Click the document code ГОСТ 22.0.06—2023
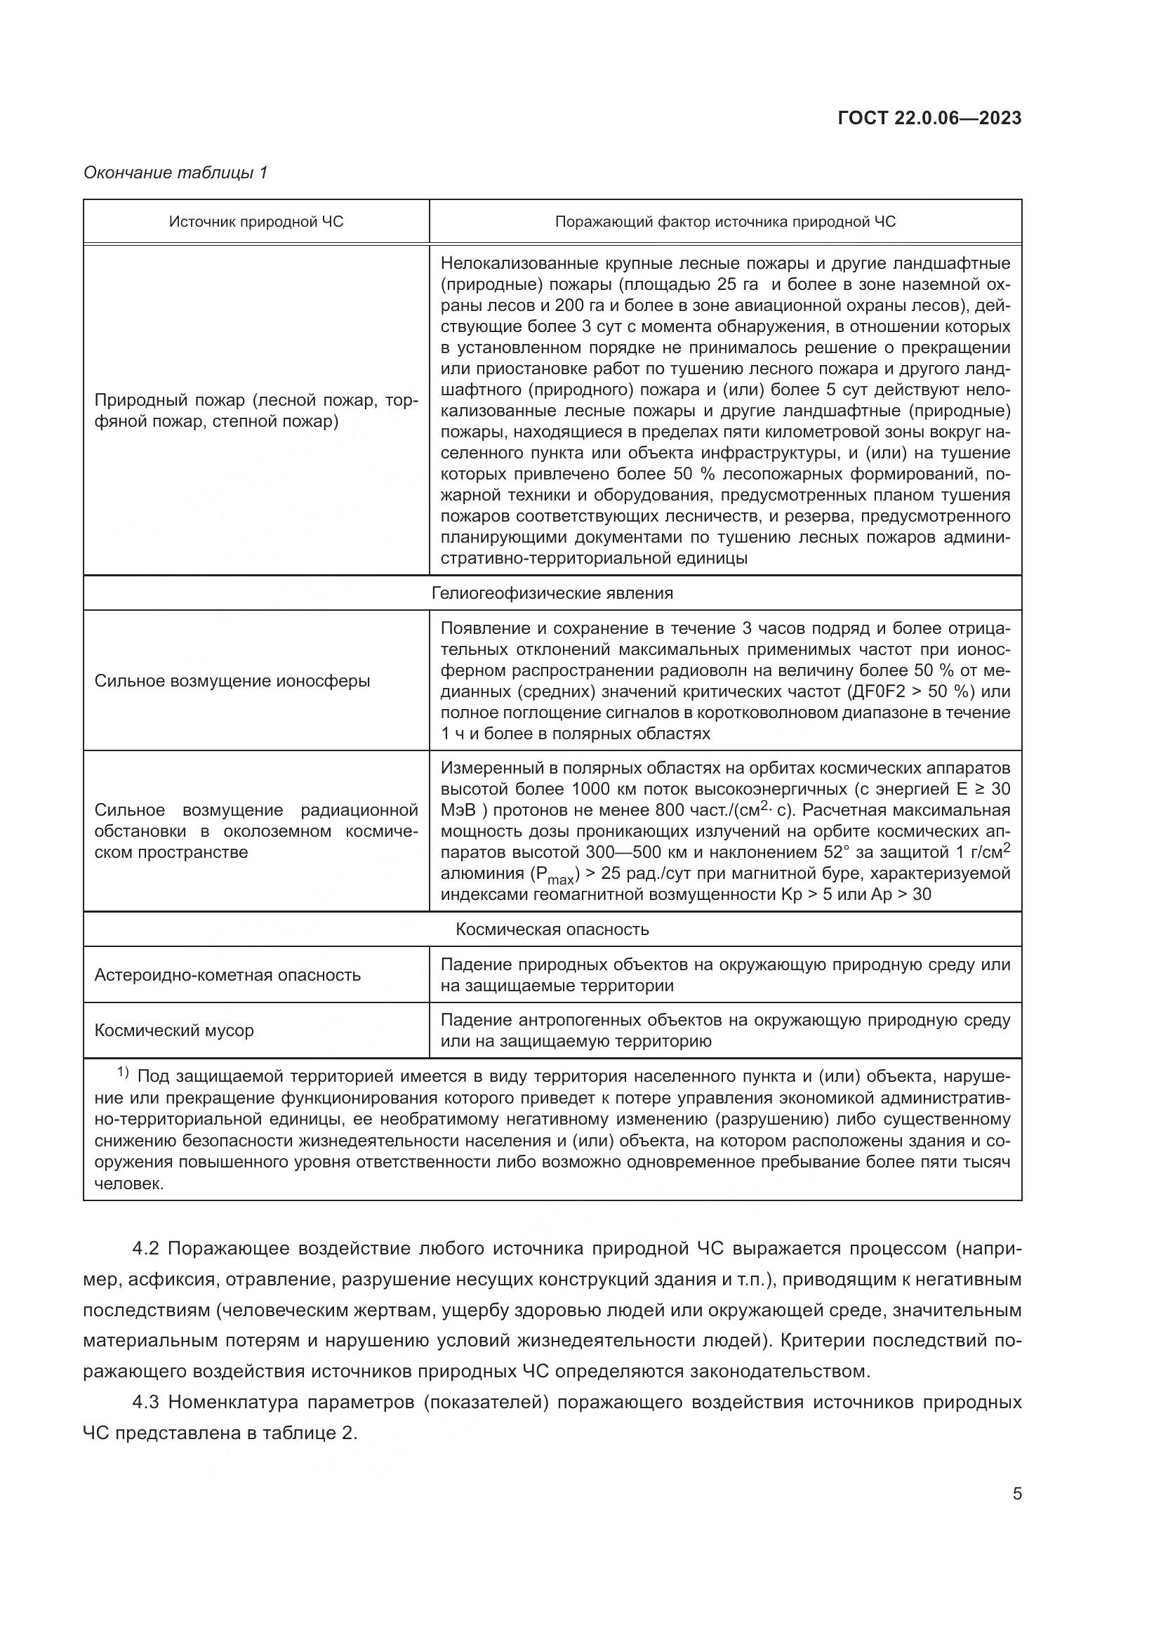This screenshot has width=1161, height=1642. [x=929, y=118]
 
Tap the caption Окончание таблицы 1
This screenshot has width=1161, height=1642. [x=175, y=173]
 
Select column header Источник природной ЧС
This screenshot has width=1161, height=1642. [x=256, y=222]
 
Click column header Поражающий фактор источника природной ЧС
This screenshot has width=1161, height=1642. [x=725, y=222]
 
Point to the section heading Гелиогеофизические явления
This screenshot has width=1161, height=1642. [x=552, y=593]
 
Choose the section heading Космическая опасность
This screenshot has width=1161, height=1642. [x=552, y=929]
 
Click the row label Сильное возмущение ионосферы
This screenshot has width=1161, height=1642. [x=232, y=680]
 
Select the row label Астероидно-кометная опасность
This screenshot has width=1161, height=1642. [x=227, y=975]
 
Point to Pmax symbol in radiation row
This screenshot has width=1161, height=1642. [x=555, y=875]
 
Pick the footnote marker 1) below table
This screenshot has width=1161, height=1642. [x=123, y=1073]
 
